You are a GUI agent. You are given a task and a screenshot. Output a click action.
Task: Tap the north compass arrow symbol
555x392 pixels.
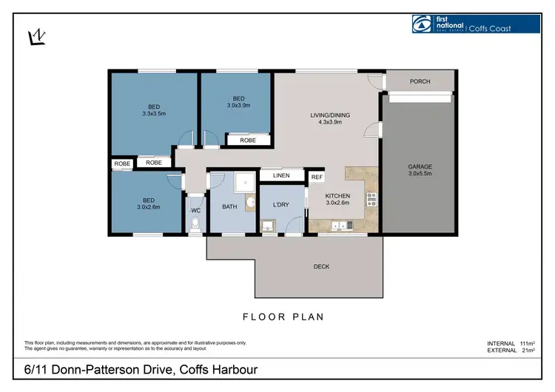pyautogui.click(x=34, y=37)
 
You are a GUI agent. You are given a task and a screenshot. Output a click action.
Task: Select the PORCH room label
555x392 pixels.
pyautogui.click(x=420, y=81)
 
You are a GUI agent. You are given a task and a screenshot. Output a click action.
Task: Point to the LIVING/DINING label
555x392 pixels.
pyautogui.click(x=329, y=119)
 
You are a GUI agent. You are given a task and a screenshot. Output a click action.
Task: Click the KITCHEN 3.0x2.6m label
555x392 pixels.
pyautogui.click(x=338, y=200)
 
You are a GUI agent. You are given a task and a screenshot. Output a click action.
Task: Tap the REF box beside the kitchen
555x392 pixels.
pyautogui.click(x=317, y=178)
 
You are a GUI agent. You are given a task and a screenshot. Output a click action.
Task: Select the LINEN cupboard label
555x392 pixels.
pyautogui.click(x=281, y=175)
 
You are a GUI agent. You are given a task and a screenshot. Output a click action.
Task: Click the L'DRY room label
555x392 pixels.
pyautogui.click(x=281, y=203)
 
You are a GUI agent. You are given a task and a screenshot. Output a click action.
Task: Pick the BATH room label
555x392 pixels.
pyautogui.click(x=229, y=206)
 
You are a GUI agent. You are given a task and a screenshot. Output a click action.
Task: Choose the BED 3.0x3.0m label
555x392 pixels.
pyautogui.click(x=238, y=102)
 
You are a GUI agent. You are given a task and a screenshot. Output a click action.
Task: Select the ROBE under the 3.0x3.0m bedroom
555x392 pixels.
pyautogui.click(x=248, y=139)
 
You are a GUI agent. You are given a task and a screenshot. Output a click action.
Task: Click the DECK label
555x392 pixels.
pyautogui.click(x=321, y=266)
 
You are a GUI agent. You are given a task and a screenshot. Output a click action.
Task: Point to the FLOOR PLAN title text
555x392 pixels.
pyautogui.click(x=283, y=317)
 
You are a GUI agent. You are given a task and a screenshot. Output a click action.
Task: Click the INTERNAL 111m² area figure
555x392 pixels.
pyautogui.click(x=511, y=344)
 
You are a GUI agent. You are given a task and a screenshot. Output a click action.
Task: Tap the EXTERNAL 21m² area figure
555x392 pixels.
pyautogui.click(x=511, y=351)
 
